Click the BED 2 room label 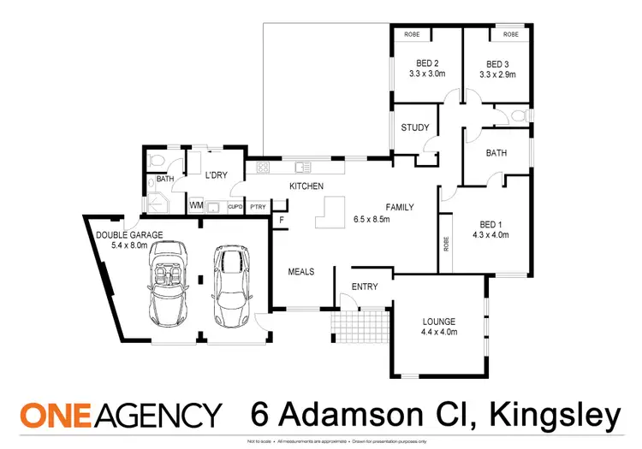tap(427, 63)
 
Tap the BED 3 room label tap(497, 63)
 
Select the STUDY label tap(415, 128)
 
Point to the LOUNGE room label tap(438, 322)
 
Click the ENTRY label tap(365, 287)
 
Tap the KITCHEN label tap(305, 186)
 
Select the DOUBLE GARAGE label tap(129, 234)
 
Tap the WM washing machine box tap(196, 206)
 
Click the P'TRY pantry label tap(258, 207)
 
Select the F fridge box tap(280, 220)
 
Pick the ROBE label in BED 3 tap(511, 34)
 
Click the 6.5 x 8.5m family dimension tap(372, 220)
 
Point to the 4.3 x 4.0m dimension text tap(490, 233)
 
